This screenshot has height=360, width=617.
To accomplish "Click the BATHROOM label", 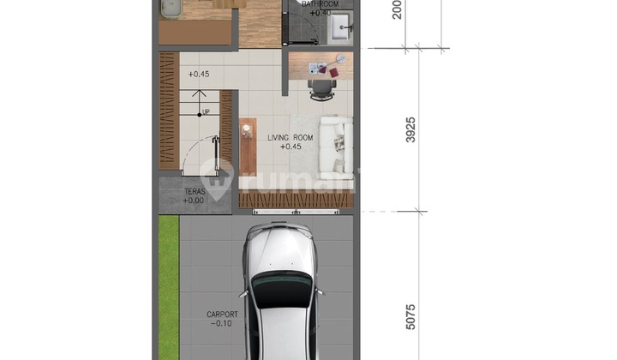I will tap(320, 4).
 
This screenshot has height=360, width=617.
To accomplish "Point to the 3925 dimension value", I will tap(410, 129).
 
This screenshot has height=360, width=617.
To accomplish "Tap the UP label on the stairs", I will tap(206, 111).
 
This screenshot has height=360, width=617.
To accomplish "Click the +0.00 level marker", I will tap(194, 201).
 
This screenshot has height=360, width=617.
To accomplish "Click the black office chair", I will tap(321, 87).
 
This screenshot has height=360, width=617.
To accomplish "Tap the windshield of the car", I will tap(283, 288).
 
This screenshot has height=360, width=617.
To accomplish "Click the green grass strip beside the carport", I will tap(168, 283).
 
